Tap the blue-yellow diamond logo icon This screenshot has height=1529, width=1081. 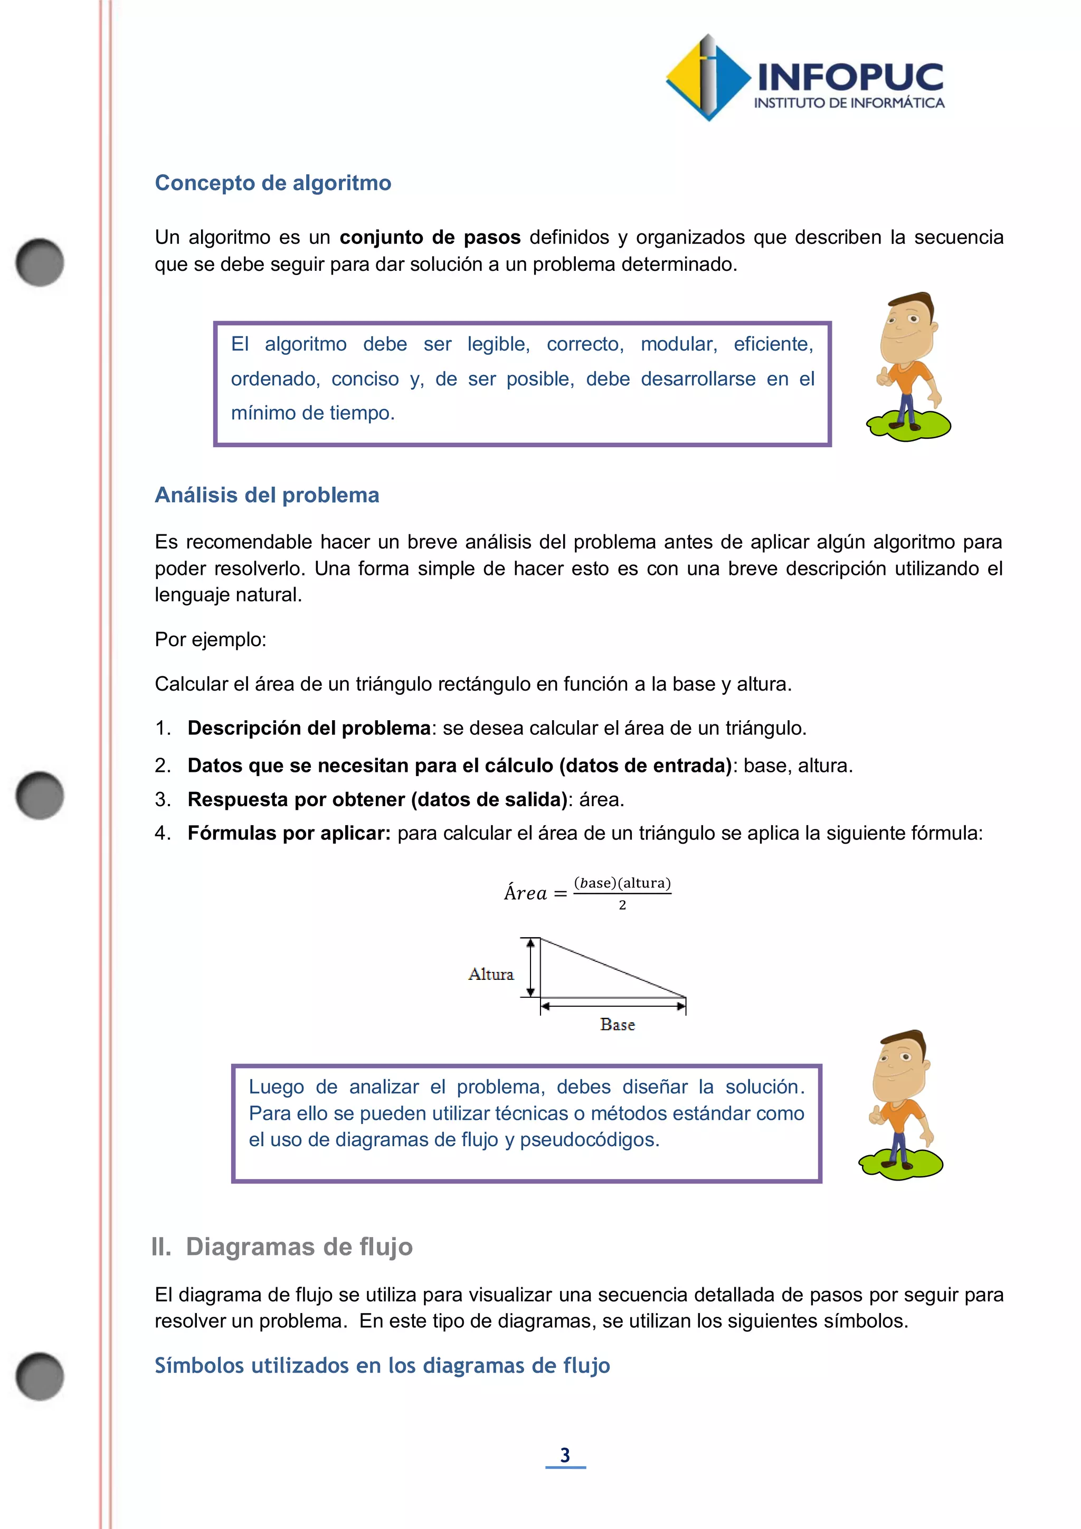(x=708, y=78)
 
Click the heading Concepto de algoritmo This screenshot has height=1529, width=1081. (x=273, y=183)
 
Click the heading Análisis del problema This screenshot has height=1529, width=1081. (x=267, y=495)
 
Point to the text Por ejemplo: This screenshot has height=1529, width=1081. (x=211, y=639)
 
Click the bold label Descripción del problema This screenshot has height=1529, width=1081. (x=309, y=728)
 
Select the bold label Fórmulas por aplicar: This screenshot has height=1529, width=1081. (x=289, y=833)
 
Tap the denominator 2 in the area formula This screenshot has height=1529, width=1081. (x=622, y=905)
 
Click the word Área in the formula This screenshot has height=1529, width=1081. (x=525, y=893)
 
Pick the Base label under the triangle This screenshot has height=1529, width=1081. (x=617, y=1025)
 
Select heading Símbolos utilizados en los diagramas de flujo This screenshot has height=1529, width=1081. (x=382, y=1365)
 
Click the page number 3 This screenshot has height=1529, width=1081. (x=565, y=1455)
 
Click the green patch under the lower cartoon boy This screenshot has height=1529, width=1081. (x=900, y=1163)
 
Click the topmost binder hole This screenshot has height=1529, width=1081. (x=40, y=262)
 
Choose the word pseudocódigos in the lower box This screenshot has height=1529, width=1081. (x=589, y=1139)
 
